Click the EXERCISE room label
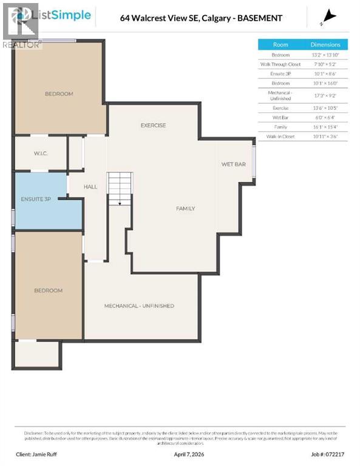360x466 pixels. pyautogui.click(x=153, y=126)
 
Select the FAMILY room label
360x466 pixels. pyautogui.click(x=185, y=209)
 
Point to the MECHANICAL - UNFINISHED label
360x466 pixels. pyautogui.click(x=139, y=306)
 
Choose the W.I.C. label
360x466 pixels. pyautogui.click(x=41, y=154)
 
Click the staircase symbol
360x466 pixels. pyautogui.click(x=120, y=189)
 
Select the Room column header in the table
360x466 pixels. pyautogui.click(x=280, y=44)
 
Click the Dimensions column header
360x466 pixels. pyautogui.click(x=325, y=44)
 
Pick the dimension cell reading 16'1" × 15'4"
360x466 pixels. pyautogui.click(x=325, y=127)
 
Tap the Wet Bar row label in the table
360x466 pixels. pyautogui.click(x=280, y=117)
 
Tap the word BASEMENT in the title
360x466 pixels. pyautogui.click(x=260, y=18)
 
